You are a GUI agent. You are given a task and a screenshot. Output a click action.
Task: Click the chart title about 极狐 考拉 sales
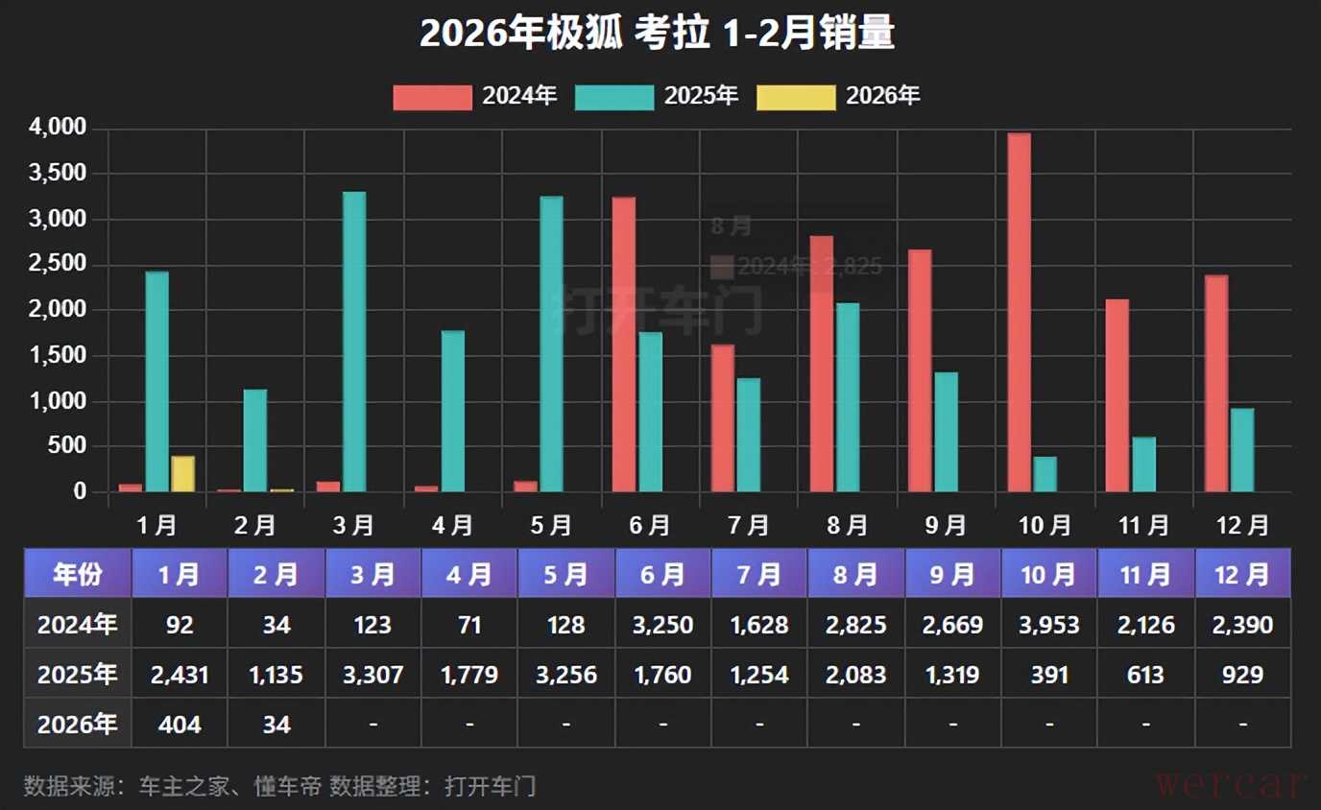(658, 34)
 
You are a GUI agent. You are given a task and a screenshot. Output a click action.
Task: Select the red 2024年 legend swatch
(432, 96)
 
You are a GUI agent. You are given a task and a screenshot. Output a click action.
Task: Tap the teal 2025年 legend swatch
(613, 96)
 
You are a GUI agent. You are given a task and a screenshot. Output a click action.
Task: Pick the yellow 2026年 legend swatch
(796, 96)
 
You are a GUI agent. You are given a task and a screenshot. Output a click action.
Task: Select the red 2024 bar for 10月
(1019, 312)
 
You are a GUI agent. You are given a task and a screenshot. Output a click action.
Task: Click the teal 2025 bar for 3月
(354, 342)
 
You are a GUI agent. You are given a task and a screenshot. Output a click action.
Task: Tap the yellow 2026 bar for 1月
(182, 473)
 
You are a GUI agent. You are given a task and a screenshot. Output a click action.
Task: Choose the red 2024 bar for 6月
(623, 345)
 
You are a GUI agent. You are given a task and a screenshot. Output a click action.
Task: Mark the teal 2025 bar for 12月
(1242, 450)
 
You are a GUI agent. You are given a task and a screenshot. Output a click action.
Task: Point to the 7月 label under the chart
(749, 525)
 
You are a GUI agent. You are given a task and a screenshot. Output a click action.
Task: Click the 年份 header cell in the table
(78, 574)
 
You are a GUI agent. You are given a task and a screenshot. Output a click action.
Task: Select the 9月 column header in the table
(952, 574)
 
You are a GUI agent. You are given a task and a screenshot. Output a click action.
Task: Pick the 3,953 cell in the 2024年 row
(1049, 625)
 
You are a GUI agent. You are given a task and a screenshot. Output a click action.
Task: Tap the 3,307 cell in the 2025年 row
(372, 675)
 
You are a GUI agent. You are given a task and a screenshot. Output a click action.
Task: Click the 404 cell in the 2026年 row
(180, 724)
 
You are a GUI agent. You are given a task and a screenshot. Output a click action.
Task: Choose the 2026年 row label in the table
(78, 724)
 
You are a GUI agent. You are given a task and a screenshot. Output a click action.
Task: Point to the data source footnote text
(279, 786)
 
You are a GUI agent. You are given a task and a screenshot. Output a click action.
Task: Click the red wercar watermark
(1232, 784)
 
